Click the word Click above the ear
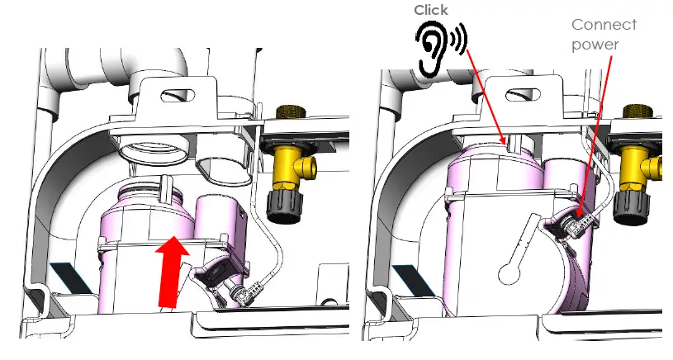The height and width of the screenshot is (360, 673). pos(431,10)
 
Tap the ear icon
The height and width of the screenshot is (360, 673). pos(441,48)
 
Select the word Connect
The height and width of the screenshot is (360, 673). pos(604,25)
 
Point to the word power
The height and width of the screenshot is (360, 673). pos(595,45)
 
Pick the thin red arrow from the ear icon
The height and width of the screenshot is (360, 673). pos(486,97)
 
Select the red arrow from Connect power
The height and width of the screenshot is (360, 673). pos(595,136)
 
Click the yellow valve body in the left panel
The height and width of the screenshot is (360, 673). pos(291,168)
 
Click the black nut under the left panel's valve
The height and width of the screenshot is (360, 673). pos(285,206)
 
